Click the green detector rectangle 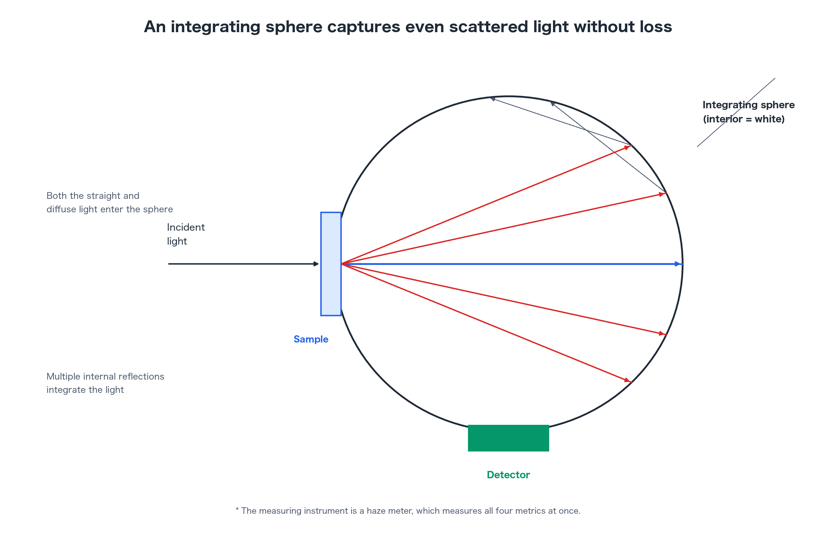coord(508,438)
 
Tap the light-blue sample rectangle coord(331,264)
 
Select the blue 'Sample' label coord(311,339)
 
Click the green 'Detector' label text coord(508,475)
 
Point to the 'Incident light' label coord(186,234)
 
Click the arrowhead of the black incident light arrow coord(316,264)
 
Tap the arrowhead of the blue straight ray coord(679,264)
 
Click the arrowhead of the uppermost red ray coord(628,147)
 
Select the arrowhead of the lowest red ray coord(628,380)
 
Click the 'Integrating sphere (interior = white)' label coord(748,112)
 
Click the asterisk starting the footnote coord(237,509)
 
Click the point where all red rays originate coord(342,264)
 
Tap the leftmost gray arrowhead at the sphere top coord(493,99)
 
